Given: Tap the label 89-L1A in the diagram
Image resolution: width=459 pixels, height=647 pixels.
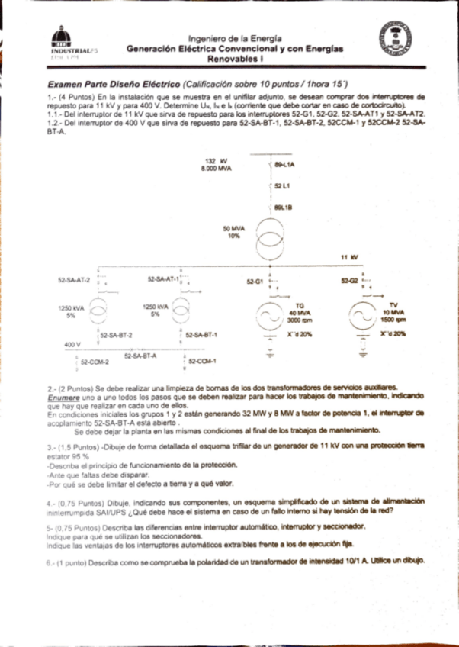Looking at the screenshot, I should click(285, 164).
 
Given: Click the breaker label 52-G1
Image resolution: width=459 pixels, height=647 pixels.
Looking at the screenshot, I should click(255, 282).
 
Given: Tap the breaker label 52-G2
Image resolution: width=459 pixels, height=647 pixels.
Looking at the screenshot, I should click(350, 282).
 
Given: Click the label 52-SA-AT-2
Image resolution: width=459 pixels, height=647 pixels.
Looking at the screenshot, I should click(74, 281).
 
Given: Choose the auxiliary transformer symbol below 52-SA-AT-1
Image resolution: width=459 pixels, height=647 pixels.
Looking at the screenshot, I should click(181, 310).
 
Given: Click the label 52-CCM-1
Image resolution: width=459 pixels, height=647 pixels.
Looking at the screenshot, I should click(203, 361).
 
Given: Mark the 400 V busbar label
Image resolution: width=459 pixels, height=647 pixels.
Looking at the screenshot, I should click(72, 345).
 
